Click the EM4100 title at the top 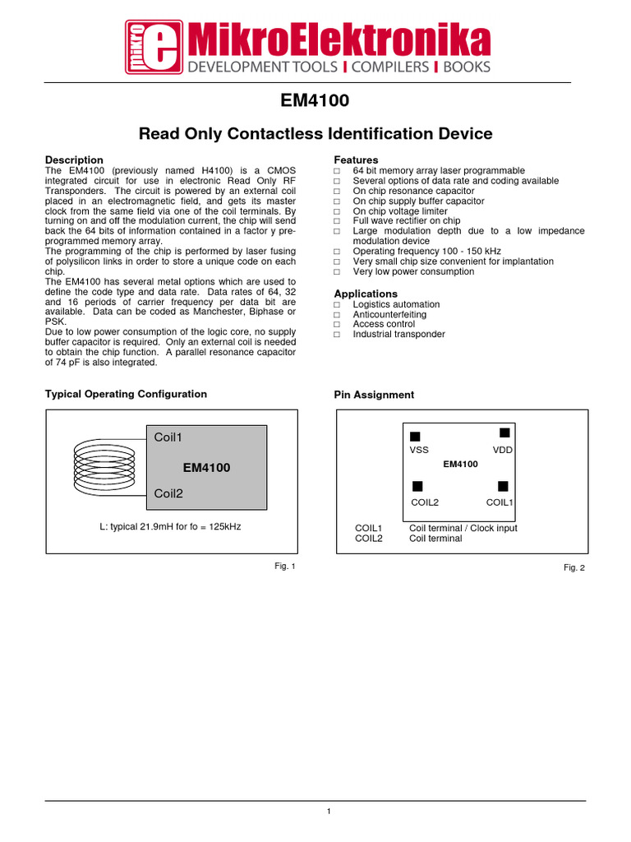(x=315, y=101)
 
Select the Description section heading (x=74, y=160)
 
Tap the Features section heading (x=356, y=160)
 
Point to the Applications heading (x=365, y=294)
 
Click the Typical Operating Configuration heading (x=126, y=394)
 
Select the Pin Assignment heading (x=374, y=395)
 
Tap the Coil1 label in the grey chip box (x=168, y=437)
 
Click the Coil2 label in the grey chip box (x=168, y=494)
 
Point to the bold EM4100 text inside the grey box (x=206, y=467)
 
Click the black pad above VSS (x=415, y=436)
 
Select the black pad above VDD (x=504, y=433)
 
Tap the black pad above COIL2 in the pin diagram (x=417, y=486)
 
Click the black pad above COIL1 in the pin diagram (x=503, y=486)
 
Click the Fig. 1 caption (x=284, y=566)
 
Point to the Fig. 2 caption (x=573, y=567)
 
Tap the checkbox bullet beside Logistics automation (x=337, y=304)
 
